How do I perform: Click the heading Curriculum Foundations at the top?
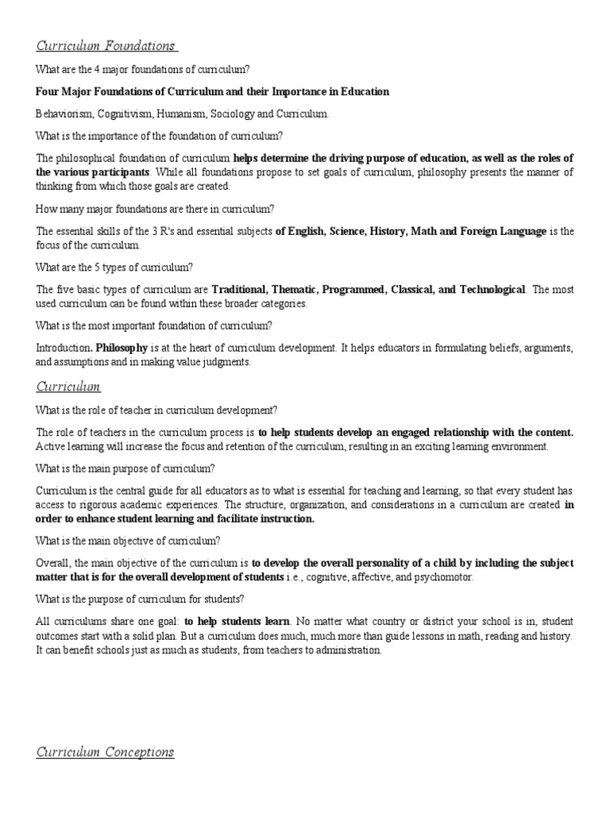(x=106, y=45)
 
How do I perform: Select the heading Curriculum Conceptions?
(x=106, y=752)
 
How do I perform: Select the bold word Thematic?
(x=300, y=289)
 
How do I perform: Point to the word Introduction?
(x=64, y=348)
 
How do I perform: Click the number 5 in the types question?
(x=100, y=266)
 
